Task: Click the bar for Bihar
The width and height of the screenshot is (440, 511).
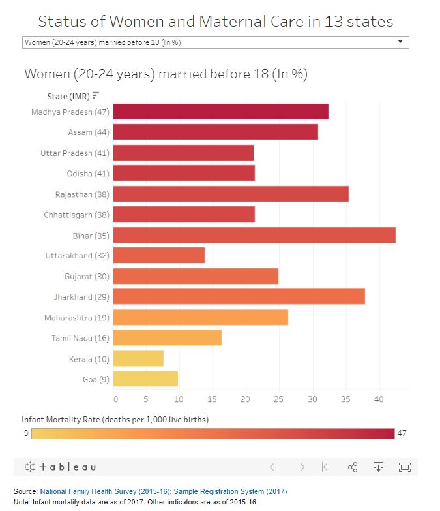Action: (254, 235)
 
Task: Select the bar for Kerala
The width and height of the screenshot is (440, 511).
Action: (138, 358)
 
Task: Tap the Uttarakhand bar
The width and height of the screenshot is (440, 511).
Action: (159, 255)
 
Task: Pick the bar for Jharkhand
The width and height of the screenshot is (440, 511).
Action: (239, 297)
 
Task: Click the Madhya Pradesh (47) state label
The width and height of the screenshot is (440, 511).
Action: (70, 112)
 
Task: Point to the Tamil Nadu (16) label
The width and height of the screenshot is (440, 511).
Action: (80, 338)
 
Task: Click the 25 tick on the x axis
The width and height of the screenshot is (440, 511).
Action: (278, 399)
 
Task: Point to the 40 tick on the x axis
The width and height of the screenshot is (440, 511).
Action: (378, 399)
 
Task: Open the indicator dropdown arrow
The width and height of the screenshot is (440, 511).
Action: (400, 42)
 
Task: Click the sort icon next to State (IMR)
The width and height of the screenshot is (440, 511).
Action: (96, 96)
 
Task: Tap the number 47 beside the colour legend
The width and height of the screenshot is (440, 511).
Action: (402, 433)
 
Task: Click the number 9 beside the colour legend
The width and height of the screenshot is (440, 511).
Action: (26, 433)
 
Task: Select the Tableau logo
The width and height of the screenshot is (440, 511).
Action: (60, 467)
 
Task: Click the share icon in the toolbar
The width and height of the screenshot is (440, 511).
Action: (353, 467)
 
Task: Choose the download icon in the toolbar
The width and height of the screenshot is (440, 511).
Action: (377, 467)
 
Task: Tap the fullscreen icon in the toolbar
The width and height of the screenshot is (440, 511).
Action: (404, 467)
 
